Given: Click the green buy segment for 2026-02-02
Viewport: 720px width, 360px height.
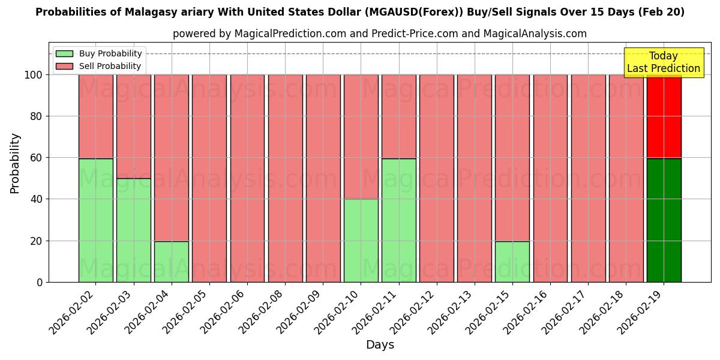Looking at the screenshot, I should pos(95,220).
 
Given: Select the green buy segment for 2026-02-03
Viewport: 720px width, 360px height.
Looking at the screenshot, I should pos(133,230).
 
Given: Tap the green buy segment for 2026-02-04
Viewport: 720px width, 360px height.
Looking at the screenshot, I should pos(171,262).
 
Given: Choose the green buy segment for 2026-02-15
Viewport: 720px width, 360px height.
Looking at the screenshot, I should pos(512,262).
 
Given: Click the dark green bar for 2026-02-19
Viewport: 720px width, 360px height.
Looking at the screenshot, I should pos(664,220).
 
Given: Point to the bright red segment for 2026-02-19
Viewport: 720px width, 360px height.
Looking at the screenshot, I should pos(664,116).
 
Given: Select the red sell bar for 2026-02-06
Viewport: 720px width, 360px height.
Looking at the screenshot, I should pos(247,178).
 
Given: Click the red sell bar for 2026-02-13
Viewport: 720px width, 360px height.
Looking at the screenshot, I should pos(474,178).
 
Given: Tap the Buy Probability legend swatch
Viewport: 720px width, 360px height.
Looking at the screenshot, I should pos(64,54).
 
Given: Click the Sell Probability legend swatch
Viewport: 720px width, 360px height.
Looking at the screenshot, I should pos(64,67).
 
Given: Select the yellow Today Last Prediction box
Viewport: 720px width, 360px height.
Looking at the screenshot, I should pos(663,62).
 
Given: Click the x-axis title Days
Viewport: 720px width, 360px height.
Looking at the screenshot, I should pos(380,345).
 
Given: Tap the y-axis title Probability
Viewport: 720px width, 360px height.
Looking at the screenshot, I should pos(16,163).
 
